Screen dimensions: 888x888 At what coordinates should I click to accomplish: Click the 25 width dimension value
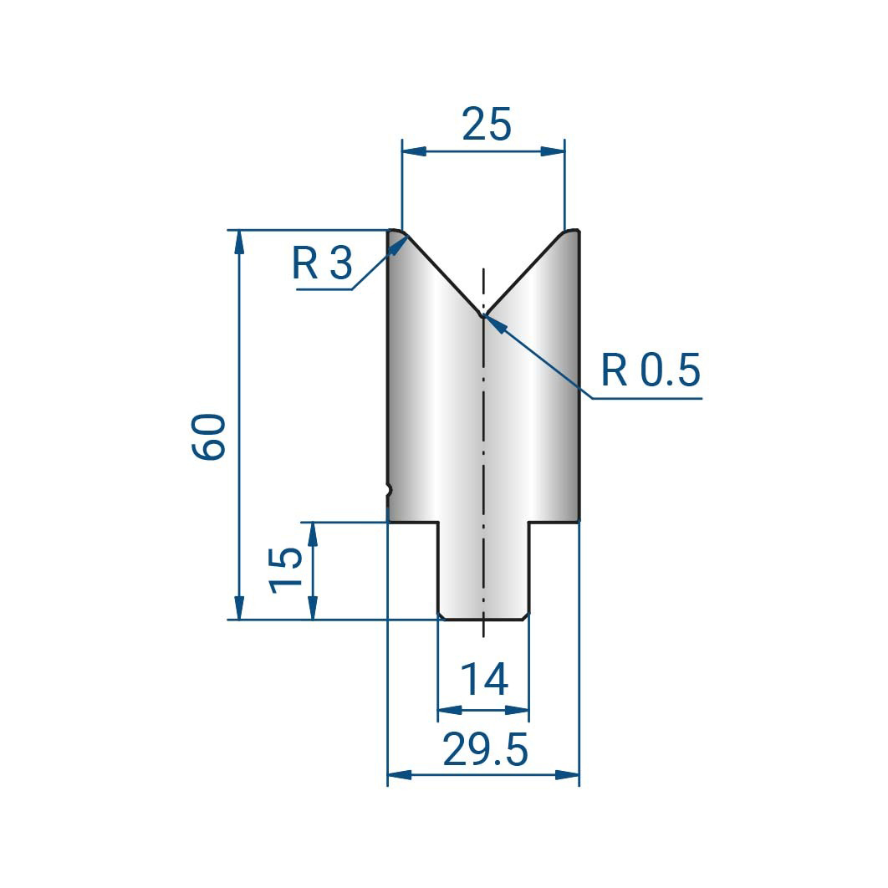(x=487, y=124)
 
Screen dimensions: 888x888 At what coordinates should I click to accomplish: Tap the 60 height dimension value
(x=208, y=436)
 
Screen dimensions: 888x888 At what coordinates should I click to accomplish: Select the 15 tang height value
(x=285, y=569)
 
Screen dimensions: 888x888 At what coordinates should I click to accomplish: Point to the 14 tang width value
(x=483, y=680)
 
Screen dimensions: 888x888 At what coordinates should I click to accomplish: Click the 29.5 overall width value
(x=485, y=748)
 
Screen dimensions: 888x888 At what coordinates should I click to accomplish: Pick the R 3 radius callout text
(x=322, y=263)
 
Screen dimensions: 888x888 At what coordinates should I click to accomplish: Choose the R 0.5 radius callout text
(x=651, y=370)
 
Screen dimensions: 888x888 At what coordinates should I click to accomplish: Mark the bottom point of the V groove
(x=483, y=315)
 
